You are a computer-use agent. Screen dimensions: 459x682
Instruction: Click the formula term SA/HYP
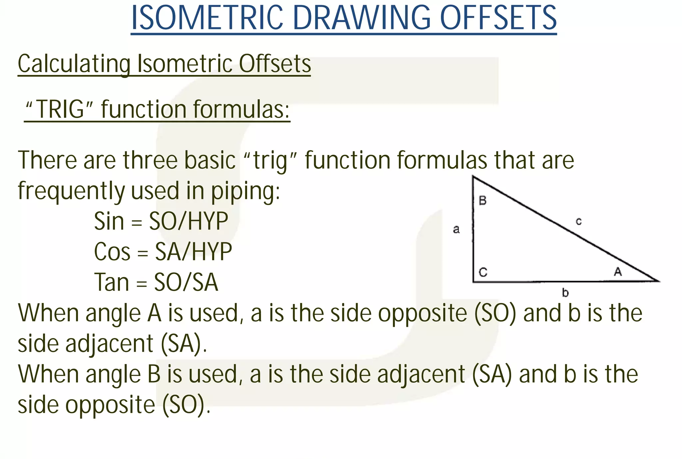[x=193, y=252]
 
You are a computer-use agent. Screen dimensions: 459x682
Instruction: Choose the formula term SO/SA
[x=186, y=282]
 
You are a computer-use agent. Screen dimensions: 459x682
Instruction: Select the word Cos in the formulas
[x=112, y=252]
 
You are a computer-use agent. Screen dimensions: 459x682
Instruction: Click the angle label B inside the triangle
[x=483, y=201]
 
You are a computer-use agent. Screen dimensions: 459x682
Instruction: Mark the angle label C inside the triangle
[x=483, y=272]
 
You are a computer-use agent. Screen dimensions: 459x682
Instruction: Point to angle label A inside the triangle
[x=618, y=272]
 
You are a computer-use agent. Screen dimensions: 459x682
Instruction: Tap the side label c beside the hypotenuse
[x=579, y=221]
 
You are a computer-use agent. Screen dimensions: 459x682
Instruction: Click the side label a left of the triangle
[x=456, y=229]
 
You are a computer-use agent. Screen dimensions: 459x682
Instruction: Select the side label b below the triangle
[x=565, y=293]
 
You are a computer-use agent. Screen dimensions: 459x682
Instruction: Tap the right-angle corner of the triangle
[x=474, y=281]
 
